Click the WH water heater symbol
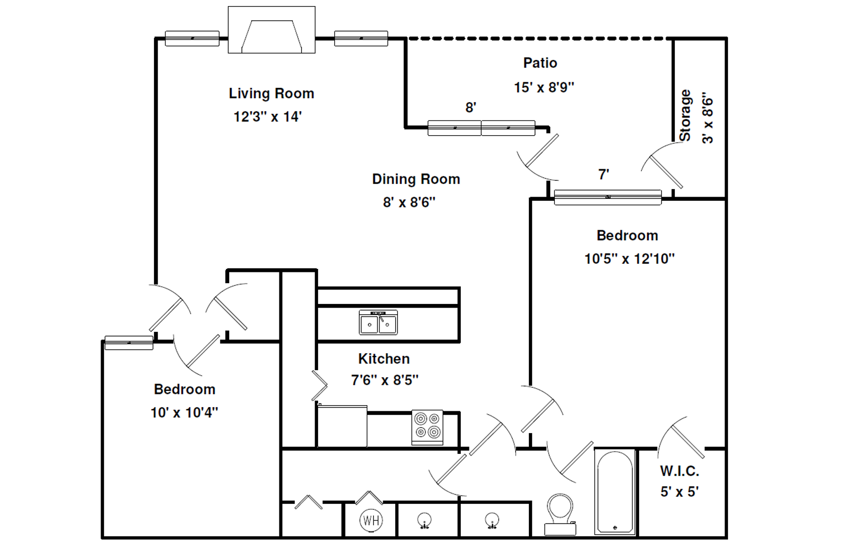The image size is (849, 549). click(371, 520)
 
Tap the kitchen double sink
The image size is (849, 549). click(378, 323)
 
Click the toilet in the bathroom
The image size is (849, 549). click(560, 514)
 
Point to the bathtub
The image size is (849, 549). click(615, 492)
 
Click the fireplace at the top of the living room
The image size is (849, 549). click(271, 29)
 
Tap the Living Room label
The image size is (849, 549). click(271, 93)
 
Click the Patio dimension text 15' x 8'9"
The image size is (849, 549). click(544, 87)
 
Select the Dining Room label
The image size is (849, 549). click(416, 179)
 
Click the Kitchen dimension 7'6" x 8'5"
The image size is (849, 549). click(385, 380)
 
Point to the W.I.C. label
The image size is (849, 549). click(680, 471)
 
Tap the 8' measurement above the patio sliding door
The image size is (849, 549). click(471, 108)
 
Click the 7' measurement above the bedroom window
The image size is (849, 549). click(604, 174)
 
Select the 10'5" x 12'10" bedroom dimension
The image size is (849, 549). click(630, 259)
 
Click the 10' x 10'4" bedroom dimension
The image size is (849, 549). click(184, 412)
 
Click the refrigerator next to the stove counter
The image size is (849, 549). click(342, 426)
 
